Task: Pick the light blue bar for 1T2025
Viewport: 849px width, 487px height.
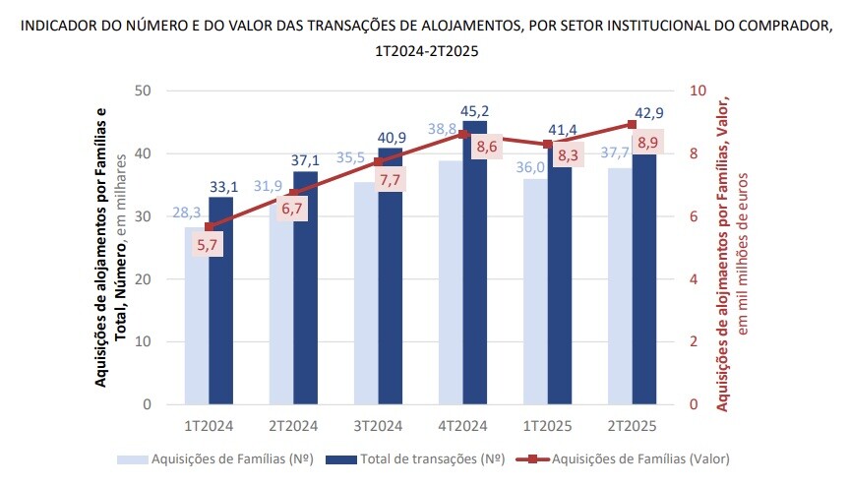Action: coord(534,295)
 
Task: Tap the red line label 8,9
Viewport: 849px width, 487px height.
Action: coord(648,144)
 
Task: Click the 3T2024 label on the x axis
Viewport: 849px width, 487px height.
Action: coord(378,426)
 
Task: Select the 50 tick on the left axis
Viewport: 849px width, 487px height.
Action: coord(144,91)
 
